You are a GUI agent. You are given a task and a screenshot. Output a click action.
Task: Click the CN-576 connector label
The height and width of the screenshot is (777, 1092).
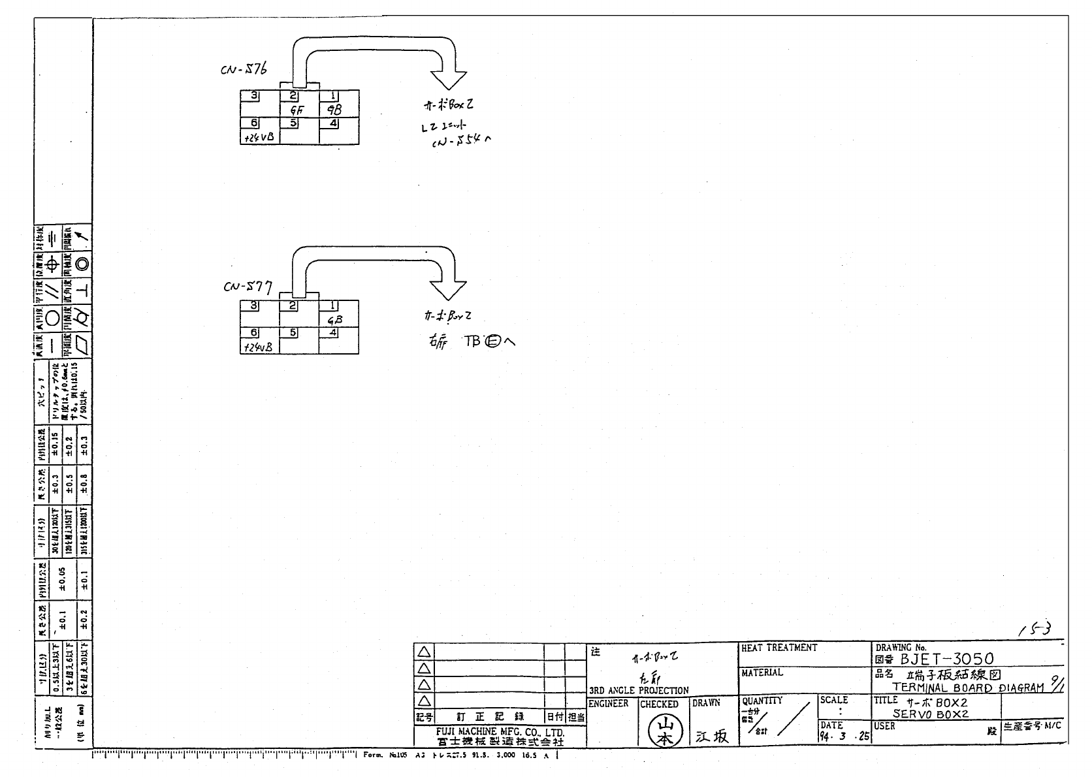click(x=244, y=70)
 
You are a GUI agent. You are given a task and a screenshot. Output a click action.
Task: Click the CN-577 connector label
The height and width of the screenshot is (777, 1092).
click(x=248, y=286)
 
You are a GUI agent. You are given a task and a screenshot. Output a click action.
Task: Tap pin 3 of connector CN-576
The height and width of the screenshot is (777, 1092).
click(x=249, y=95)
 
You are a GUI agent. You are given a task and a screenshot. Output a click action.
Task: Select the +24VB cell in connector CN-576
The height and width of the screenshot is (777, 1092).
click(x=259, y=137)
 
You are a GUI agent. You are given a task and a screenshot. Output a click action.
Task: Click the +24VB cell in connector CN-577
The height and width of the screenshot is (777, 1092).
click(x=259, y=347)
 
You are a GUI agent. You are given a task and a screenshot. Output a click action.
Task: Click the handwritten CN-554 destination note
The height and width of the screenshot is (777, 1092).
click(x=460, y=141)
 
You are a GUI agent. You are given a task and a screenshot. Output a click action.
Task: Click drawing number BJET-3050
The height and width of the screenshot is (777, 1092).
click(x=946, y=659)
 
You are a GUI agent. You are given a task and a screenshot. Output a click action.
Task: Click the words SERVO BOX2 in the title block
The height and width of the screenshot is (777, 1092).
click(x=930, y=714)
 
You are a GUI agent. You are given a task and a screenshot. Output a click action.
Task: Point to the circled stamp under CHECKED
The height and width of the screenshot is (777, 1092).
click(x=664, y=731)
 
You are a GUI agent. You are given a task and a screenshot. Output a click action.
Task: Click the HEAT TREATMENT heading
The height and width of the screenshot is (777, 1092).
click(x=779, y=648)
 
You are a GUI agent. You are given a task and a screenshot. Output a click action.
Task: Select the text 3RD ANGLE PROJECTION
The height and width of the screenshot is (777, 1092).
click(x=639, y=690)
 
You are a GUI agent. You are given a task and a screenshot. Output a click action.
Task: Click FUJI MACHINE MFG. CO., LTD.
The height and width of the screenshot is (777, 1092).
click(x=500, y=733)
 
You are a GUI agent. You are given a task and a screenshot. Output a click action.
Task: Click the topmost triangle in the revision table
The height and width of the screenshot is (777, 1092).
click(x=425, y=652)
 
